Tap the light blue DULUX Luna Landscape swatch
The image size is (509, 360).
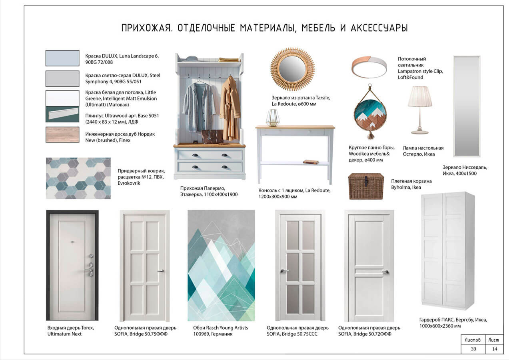(62, 58)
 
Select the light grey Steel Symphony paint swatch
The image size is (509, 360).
(62, 78)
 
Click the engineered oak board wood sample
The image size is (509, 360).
(62, 134)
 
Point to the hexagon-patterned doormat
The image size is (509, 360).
(78, 178)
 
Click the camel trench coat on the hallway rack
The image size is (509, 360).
(230, 109)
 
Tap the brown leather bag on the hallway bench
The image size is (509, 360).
(212, 137)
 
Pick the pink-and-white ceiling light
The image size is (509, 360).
(369, 67)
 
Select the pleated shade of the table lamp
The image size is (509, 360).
(420, 96)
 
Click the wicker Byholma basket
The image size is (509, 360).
(366, 186)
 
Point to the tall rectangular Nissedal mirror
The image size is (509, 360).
(467, 106)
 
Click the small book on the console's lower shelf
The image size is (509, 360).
(311, 162)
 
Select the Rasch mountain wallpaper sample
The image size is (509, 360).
(221, 266)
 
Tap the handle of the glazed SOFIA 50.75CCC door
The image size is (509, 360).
(284, 271)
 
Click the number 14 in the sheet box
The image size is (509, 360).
(495, 349)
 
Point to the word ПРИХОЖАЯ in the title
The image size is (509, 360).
(146, 28)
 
